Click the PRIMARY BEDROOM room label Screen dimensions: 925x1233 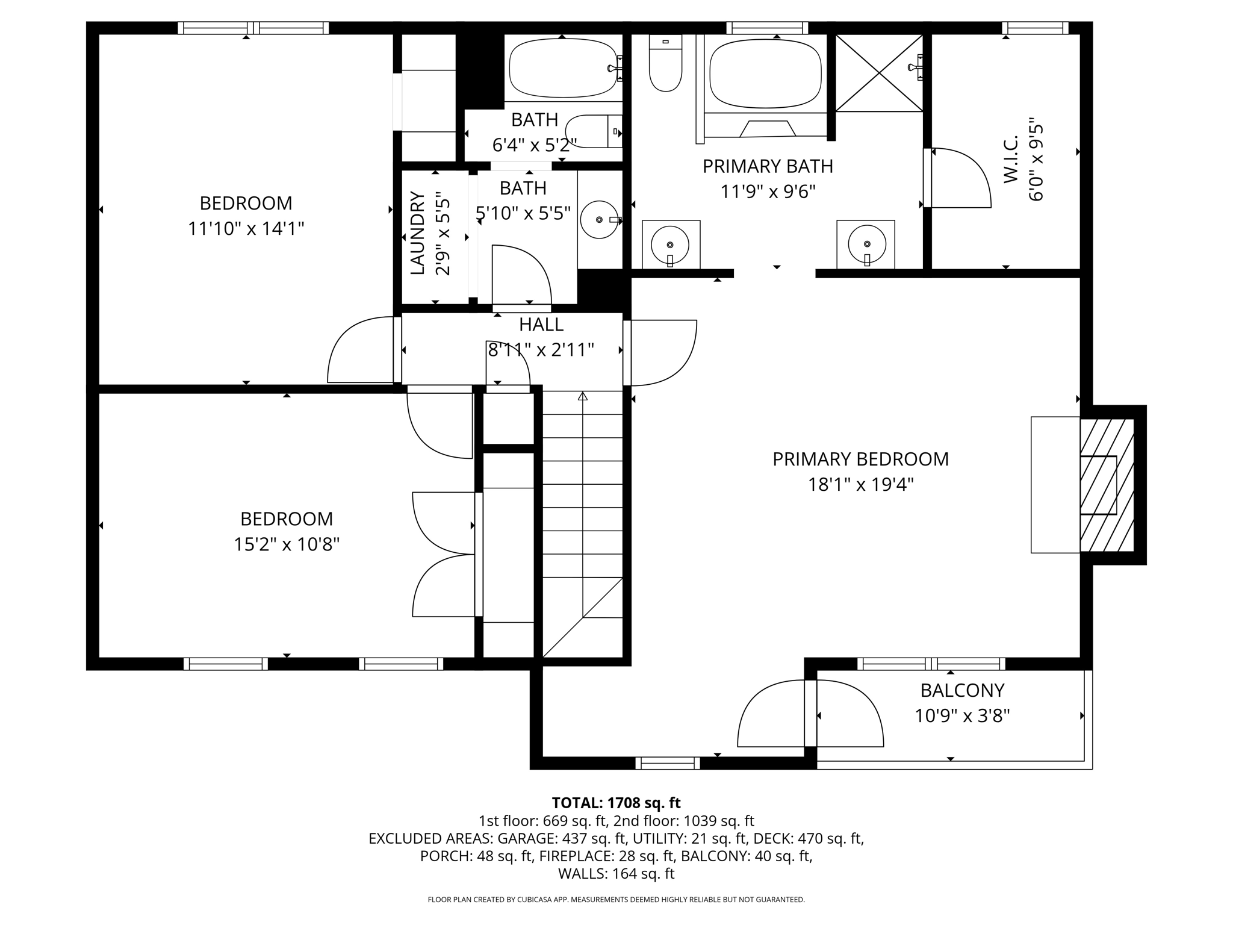(x=860, y=459)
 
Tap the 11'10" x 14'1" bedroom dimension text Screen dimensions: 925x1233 (x=246, y=229)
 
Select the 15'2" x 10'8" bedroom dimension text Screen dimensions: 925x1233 (x=287, y=544)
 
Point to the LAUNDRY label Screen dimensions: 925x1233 (x=417, y=233)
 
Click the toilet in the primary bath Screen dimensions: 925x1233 (x=665, y=65)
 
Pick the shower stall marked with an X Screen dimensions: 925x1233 (x=879, y=73)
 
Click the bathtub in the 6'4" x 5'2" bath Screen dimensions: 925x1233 (x=563, y=68)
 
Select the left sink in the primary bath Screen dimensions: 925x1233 (x=670, y=244)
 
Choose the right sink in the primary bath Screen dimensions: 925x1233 (x=866, y=244)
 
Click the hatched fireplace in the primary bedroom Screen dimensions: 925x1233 (x=1107, y=485)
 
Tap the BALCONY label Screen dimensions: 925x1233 (x=962, y=690)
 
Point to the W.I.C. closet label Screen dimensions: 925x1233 (x=1011, y=159)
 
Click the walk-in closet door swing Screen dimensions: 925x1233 (x=961, y=178)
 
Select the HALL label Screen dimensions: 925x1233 (x=541, y=325)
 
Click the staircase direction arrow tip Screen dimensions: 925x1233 (x=582, y=396)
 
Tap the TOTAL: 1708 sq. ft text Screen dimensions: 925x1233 (x=616, y=803)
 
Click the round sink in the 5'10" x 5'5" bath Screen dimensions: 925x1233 (x=600, y=220)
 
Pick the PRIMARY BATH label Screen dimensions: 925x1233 (x=768, y=166)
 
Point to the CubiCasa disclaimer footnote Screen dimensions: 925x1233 (x=616, y=900)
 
